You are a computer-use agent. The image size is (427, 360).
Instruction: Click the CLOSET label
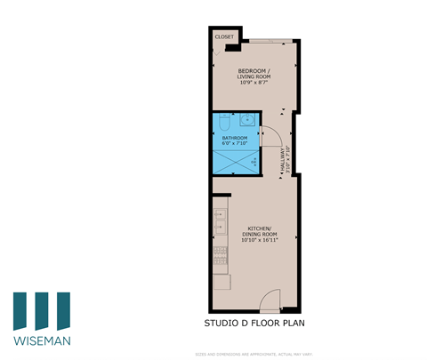(x=223, y=37)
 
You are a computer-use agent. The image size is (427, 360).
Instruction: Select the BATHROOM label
(x=234, y=138)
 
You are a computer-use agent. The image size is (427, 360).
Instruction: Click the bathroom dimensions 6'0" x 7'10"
(x=234, y=144)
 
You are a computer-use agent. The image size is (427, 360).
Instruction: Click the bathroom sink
(x=248, y=120)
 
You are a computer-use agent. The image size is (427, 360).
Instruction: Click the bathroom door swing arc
(x=273, y=136)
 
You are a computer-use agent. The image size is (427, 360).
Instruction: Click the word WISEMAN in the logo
(x=43, y=340)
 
